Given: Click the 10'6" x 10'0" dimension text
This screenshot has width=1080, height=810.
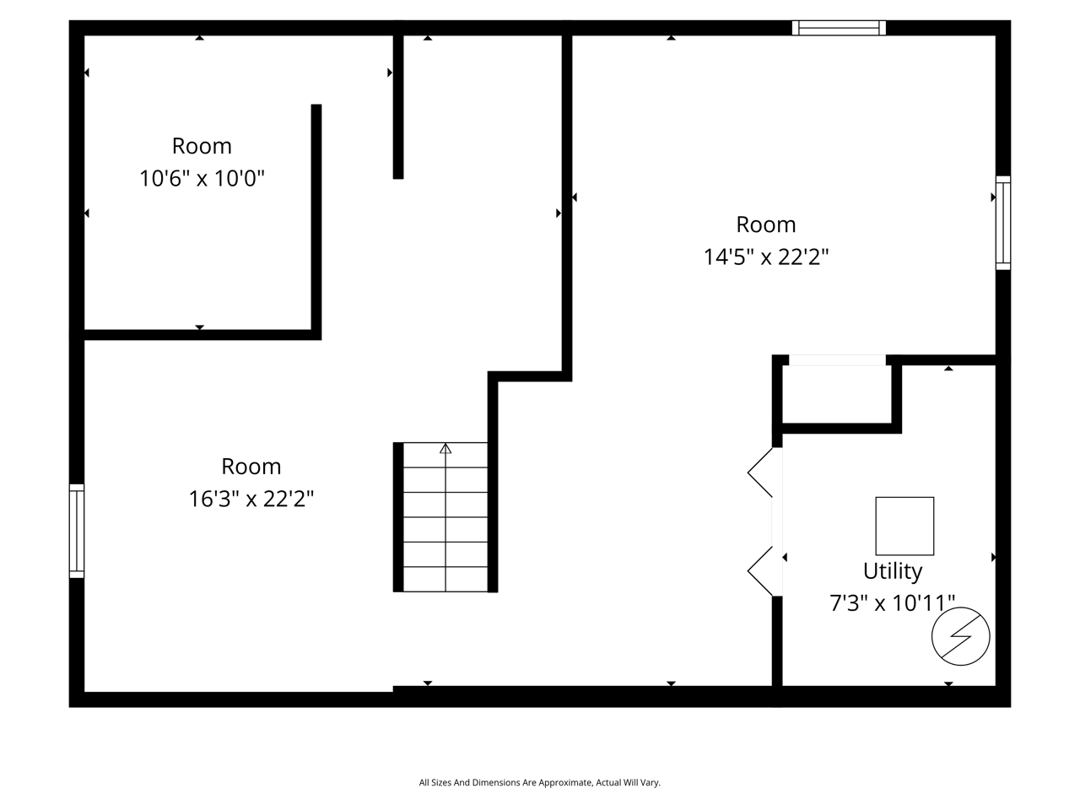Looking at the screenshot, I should pyautogui.click(x=202, y=179).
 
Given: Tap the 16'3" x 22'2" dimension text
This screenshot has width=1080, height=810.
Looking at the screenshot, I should pyautogui.click(x=251, y=499).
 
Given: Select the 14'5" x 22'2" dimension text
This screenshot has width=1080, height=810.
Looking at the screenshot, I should pyautogui.click(x=766, y=257).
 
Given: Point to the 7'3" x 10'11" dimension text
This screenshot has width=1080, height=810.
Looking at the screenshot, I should pyautogui.click(x=892, y=603).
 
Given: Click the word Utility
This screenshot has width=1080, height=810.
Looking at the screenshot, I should pyautogui.click(x=892, y=571).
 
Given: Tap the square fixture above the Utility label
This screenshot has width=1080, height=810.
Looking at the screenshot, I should pyautogui.click(x=904, y=526).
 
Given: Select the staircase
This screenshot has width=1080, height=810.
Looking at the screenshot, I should pyautogui.click(x=445, y=516).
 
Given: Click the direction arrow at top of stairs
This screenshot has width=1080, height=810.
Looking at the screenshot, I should pyautogui.click(x=445, y=448).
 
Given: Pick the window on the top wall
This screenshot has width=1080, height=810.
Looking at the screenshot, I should pyautogui.click(x=839, y=28).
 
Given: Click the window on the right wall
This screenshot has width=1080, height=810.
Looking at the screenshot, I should pyautogui.click(x=1003, y=223).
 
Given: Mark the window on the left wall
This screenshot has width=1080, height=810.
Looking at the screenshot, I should pyautogui.click(x=77, y=531).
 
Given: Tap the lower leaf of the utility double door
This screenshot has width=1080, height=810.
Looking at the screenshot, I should pyautogui.click(x=761, y=571).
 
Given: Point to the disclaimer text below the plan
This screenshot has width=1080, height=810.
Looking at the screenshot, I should pyautogui.click(x=539, y=783).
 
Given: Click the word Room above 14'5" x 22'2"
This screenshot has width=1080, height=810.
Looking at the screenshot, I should pyautogui.click(x=766, y=224).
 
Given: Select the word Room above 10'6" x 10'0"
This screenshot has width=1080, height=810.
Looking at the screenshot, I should pyautogui.click(x=202, y=146).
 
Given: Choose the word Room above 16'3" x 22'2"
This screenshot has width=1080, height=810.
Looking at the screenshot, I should pyautogui.click(x=251, y=467).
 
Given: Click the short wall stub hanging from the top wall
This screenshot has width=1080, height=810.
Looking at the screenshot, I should pyautogui.click(x=398, y=106).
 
